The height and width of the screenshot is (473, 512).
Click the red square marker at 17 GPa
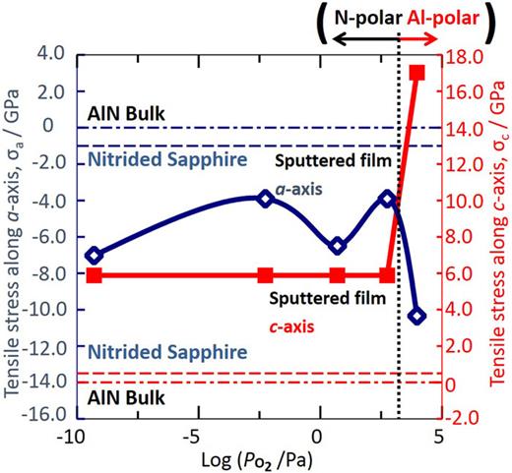(x=416, y=74)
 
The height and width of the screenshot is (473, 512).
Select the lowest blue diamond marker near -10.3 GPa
(x=416, y=316)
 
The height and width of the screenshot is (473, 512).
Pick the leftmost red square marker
(x=94, y=275)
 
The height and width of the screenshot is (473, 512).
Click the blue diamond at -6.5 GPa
(x=338, y=246)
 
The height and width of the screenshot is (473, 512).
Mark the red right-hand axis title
(x=500, y=236)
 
